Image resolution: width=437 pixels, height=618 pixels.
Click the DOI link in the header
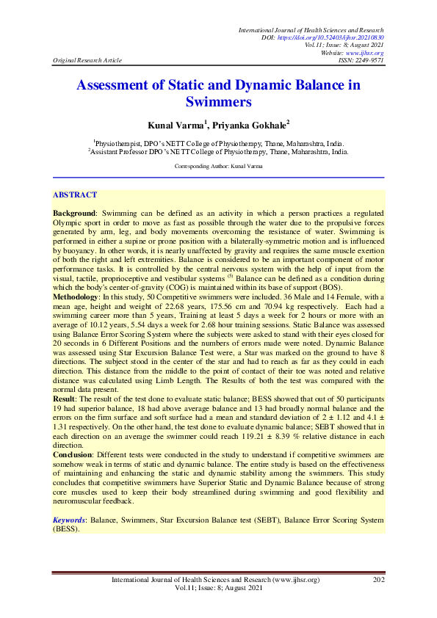point(342,37)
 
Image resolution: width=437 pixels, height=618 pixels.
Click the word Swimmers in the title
point(218,102)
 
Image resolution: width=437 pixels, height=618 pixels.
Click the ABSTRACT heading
point(75,195)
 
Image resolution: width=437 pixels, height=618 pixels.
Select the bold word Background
point(76,212)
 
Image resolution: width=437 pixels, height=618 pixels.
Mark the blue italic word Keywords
point(69,520)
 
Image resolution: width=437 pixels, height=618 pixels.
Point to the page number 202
point(379,581)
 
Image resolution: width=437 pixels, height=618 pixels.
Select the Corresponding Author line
point(218,167)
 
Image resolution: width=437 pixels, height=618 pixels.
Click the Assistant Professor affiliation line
point(218,152)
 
